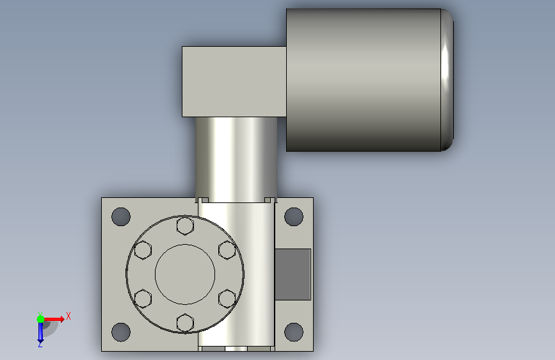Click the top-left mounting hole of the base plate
point(121,217)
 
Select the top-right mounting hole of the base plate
point(294,217)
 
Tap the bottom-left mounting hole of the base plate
point(121,332)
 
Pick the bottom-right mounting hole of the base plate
point(294,332)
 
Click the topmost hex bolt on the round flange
point(185,225)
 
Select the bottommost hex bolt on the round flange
point(185,323)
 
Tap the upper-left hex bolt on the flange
point(143,250)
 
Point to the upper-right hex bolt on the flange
point(227,250)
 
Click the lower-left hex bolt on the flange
point(143,299)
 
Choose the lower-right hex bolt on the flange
point(227,299)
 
